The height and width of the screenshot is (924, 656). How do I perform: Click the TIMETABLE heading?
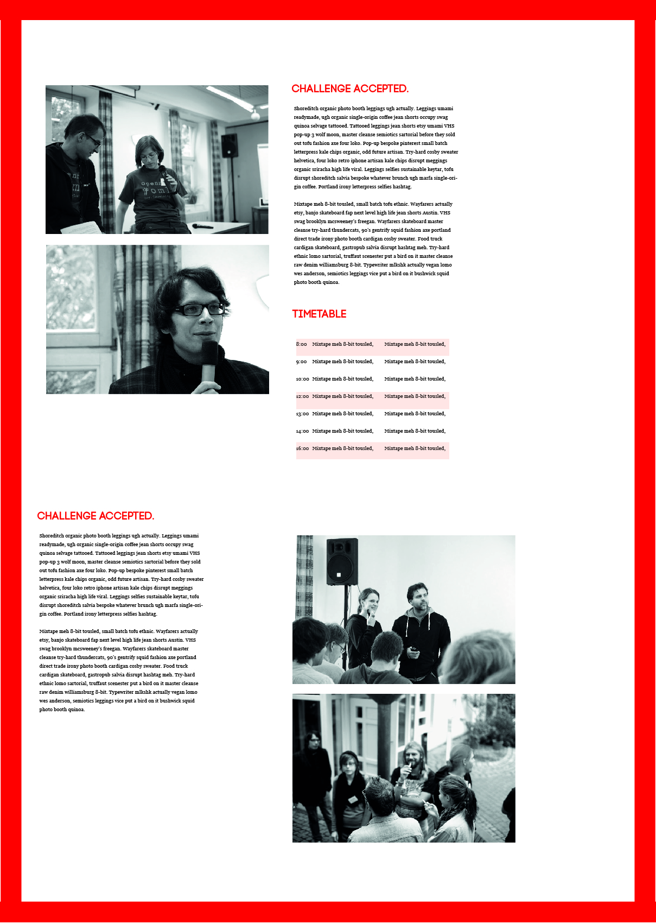pyautogui.click(x=319, y=314)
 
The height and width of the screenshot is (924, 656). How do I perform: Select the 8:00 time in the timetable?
pyautogui.click(x=301, y=344)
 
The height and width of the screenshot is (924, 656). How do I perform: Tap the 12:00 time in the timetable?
pyautogui.click(x=302, y=396)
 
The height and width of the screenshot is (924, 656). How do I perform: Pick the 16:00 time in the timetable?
pyautogui.click(x=302, y=448)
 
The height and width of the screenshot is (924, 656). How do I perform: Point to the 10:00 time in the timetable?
pyautogui.click(x=302, y=379)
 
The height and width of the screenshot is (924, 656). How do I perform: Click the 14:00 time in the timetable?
pyautogui.click(x=302, y=431)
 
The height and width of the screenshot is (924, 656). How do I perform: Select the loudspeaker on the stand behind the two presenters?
pyautogui.click(x=342, y=561)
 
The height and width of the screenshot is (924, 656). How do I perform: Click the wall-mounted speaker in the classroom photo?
pyautogui.click(x=229, y=145)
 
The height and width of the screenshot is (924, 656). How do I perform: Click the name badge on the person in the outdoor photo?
pyautogui.click(x=353, y=799)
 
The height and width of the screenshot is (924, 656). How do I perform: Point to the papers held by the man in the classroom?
pyautogui.click(x=81, y=228)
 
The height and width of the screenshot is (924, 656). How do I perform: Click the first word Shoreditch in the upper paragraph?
pyautogui.click(x=307, y=109)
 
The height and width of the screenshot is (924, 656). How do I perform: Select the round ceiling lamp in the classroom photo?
pyautogui.click(x=254, y=115)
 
